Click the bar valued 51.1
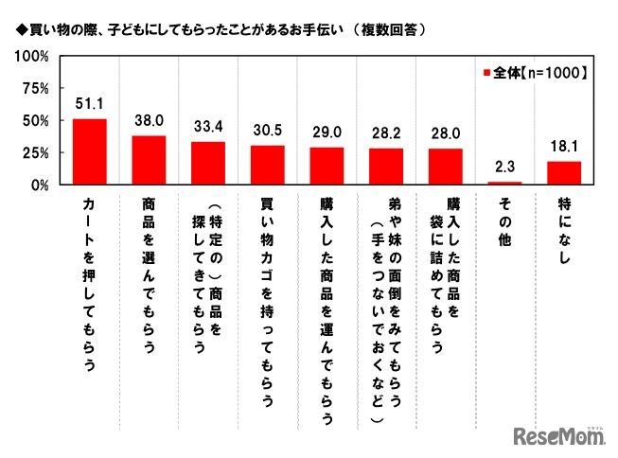tap(90, 152)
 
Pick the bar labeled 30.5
tap(268, 166)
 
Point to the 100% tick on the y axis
tap(32, 57)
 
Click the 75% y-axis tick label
tap(36, 89)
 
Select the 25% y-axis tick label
tap(36, 153)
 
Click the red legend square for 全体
tap(486, 72)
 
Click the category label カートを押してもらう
tap(90, 283)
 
